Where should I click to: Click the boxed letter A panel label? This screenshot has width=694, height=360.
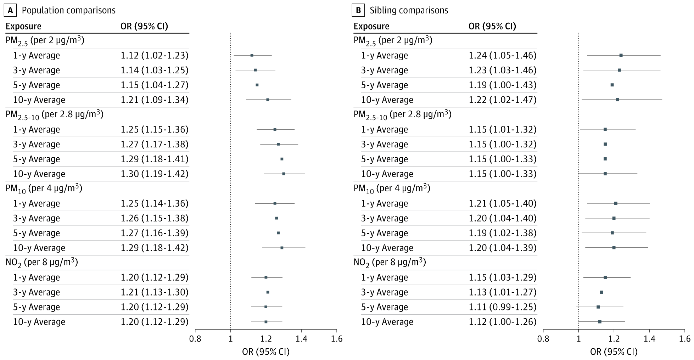coord(10,10)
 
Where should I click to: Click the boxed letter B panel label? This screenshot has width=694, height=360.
coord(358,10)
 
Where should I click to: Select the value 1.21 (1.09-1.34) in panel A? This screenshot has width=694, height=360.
coord(155,100)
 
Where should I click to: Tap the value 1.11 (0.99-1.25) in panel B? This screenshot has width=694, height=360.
coord(503,307)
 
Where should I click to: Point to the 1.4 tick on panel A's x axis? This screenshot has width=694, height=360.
coord(301,339)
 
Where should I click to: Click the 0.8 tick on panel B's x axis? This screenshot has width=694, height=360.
coord(543,339)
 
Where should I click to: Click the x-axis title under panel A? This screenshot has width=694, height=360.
coord(266,352)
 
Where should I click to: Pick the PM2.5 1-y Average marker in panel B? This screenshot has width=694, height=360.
coord(621,55)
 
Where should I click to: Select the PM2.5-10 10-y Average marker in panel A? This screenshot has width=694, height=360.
coord(284,174)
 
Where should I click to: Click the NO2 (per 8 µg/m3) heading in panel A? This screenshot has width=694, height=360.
coord(42,263)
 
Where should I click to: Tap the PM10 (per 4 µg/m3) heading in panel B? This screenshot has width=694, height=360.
coord(392,189)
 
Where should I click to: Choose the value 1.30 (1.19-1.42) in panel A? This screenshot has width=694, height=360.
coord(155,174)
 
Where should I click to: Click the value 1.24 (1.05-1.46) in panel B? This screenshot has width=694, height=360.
coord(503,56)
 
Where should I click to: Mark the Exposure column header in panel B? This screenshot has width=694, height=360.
coord(371,27)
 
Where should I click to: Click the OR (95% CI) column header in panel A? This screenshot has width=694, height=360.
coord(144,27)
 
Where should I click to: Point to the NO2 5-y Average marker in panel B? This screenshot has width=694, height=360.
coord(598,307)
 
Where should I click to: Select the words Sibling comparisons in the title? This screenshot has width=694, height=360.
coord(409,10)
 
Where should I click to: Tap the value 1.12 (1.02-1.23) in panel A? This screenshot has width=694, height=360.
coord(155,56)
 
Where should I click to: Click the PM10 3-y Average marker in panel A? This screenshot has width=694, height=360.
coord(276,218)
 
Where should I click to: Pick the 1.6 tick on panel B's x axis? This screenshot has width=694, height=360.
coord(685,339)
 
